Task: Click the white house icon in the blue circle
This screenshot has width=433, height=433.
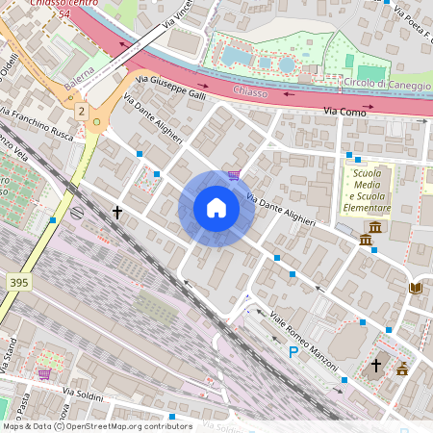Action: (216, 208)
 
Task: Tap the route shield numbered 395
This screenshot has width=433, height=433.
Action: (17, 283)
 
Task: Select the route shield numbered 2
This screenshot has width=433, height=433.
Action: (82, 113)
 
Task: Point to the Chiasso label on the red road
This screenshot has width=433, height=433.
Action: (250, 92)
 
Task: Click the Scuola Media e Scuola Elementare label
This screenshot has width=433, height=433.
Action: (369, 190)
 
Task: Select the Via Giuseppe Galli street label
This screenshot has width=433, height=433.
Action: (171, 88)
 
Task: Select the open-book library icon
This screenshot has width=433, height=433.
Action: (416, 288)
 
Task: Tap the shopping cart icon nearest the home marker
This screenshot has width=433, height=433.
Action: (233, 175)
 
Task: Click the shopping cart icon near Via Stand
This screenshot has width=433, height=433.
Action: (44, 373)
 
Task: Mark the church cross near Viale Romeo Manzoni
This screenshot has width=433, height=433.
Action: (376, 366)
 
